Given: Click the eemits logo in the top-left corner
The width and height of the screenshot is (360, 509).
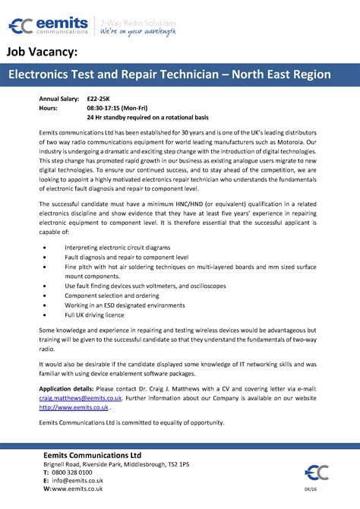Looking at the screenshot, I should coord(46,28).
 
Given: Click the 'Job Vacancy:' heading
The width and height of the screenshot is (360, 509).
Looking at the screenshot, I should coord(43,52).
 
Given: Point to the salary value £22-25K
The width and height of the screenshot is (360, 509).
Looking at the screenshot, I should coord(97,100).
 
